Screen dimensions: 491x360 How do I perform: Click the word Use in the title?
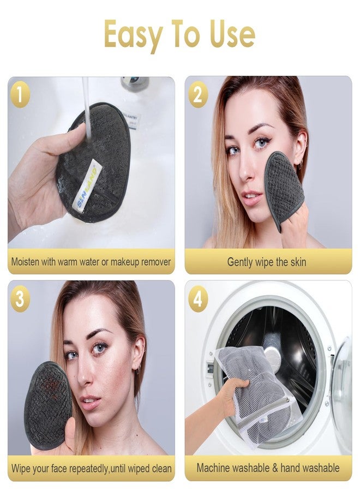pos(231,34)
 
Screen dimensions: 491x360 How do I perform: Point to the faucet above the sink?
pos(134,83)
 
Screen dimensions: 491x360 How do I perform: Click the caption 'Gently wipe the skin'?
pos(266,262)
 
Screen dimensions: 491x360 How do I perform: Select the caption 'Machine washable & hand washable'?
pos(268,468)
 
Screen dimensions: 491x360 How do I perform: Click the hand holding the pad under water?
pos(33,180)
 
